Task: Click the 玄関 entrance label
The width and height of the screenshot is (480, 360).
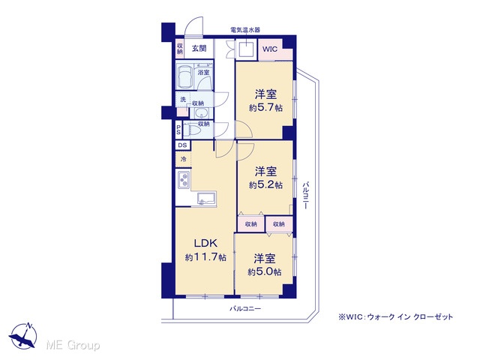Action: point(199,48)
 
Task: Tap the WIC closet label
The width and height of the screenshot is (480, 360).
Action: point(270,49)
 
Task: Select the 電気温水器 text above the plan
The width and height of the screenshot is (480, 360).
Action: point(245,30)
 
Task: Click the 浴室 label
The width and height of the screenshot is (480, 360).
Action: point(203,73)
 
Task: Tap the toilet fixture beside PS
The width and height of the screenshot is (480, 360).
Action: point(192,130)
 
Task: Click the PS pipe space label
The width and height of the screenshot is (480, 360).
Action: point(178,130)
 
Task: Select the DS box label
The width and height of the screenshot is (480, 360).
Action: point(182,145)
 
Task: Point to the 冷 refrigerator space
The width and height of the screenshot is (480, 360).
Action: point(183,159)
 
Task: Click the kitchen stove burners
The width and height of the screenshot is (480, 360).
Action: point(184,179)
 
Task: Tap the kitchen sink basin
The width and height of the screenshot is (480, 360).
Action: point(207,197)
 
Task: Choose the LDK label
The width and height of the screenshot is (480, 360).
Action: point(205,243)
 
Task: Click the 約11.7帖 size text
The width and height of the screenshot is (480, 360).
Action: point(205,256)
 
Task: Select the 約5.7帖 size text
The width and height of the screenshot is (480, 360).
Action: point(265,108)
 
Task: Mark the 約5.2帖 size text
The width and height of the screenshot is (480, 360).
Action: point(265,185)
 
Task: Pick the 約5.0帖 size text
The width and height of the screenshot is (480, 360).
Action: point(265,271)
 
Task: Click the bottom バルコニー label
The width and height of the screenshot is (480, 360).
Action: point(245,308)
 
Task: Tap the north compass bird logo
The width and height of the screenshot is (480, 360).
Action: point(23,336)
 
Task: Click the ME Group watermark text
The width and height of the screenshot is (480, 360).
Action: point(73,346)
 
